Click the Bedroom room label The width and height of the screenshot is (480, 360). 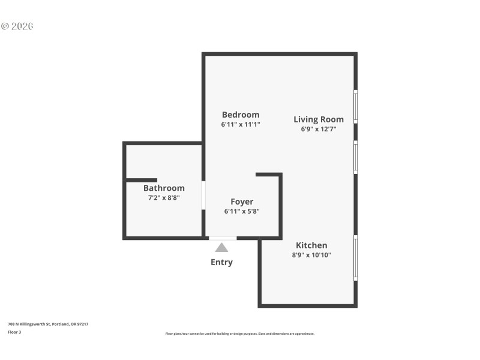(241, 115)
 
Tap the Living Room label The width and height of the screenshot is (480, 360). (319, 119)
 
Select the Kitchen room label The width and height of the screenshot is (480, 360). (311, 245)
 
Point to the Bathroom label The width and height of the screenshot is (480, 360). (164, 188)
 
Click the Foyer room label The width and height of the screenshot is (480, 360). (242, 202)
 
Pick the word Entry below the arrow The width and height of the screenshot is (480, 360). (221, 262)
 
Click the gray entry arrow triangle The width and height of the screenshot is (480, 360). (221, 247)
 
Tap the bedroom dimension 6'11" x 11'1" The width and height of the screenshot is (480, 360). (241, 125)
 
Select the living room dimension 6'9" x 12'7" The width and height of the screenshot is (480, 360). (319, 129)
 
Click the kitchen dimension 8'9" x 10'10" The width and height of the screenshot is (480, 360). (311, 255)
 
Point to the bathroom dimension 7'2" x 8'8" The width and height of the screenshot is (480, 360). (164, 197)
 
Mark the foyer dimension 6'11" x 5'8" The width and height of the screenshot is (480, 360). (242, 211)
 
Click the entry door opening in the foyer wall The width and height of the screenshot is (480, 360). (222, 238)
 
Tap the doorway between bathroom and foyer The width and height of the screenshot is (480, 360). (203, 195)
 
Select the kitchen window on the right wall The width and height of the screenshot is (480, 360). (356, 258)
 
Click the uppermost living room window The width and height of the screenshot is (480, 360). (356, 107)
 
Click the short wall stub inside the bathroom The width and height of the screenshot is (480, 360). (142, 180)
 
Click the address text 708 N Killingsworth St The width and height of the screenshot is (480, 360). (48, 324)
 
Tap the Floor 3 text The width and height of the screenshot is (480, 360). (14, 332)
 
